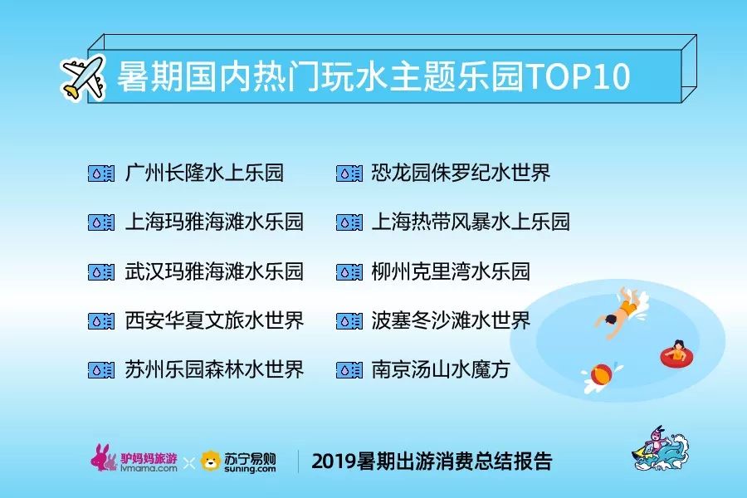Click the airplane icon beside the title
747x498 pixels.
83,78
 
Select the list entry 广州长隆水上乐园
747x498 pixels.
204,173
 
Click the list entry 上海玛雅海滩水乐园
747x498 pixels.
214,222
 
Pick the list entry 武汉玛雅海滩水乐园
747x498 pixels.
214,271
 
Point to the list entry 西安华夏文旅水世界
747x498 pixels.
214,320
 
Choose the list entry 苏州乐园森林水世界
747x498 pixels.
214,369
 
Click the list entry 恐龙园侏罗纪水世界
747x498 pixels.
461,173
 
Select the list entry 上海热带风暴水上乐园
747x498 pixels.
471,222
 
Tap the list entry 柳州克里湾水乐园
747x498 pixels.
451,271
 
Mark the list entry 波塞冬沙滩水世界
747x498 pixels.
451,320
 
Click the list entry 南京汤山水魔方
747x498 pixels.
441,369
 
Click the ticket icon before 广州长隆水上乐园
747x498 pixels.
101,173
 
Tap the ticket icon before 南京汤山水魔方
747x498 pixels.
349,370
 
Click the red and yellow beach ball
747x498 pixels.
601,374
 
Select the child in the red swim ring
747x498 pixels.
676,353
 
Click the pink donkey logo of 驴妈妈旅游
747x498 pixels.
104,457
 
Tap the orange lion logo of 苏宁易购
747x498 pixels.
211,461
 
